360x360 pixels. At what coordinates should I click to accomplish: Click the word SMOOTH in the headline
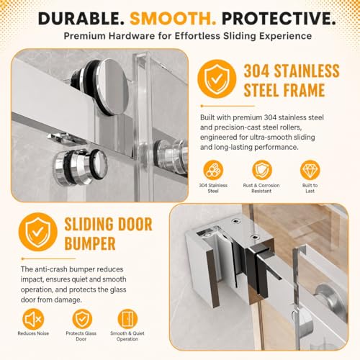[173, 19]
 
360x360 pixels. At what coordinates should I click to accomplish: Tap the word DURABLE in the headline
[81, 19]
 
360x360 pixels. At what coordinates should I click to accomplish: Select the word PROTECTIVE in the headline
[279, 19]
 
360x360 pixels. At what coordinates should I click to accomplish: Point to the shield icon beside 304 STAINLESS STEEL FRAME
[217, 79]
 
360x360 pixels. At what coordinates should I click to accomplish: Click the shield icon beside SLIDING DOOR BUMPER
[38, 232]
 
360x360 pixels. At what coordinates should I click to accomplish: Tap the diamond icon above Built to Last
[310, 170]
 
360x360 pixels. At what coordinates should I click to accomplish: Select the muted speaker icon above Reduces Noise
[33, 319]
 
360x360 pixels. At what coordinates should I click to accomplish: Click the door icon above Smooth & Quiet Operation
[127, 319]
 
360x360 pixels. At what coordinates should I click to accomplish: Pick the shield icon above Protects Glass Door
[82, 319]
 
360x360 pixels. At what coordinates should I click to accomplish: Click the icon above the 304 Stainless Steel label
[213, 170]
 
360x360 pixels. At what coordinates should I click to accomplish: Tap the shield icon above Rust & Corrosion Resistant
[262, 170]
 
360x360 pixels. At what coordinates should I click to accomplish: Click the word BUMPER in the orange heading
[90, 243]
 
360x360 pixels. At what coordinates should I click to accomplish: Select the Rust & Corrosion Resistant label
[261, 188]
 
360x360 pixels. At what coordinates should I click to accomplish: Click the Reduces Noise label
[33, 333]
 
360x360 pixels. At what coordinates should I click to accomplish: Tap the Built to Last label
[310, 188]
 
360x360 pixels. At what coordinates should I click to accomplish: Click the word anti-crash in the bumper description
[50, 269]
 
